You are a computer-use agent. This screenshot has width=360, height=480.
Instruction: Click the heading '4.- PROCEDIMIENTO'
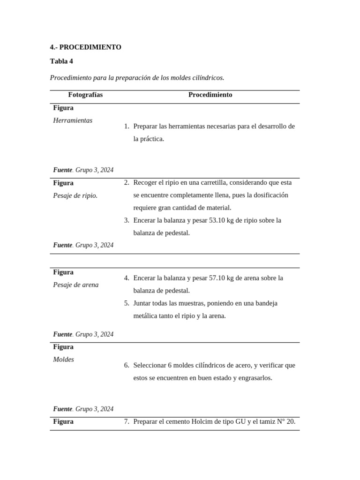click(85, 47)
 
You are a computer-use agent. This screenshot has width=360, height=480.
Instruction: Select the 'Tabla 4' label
click(61, 61)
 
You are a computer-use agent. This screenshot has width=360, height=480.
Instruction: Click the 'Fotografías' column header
click(85, 95)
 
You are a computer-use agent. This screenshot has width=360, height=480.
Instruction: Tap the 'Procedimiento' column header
click(210, 95)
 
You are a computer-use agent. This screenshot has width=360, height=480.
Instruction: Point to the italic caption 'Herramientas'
click(73, 120)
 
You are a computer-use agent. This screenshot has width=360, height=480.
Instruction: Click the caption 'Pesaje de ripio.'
click(75, 195)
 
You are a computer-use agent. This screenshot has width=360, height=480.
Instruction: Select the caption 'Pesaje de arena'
click(76, 285)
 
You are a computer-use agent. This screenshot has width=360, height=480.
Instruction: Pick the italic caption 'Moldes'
click(64, 360)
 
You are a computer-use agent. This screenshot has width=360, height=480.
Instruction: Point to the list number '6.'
click(127, 365)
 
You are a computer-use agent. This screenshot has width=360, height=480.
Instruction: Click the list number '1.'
click(127, 127)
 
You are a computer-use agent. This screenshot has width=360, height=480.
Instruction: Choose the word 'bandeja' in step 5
click(266, 303)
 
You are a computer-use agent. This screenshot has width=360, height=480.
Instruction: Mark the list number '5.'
click(127, 303)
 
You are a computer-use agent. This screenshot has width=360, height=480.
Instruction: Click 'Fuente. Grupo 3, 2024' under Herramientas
click(83, 170)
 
